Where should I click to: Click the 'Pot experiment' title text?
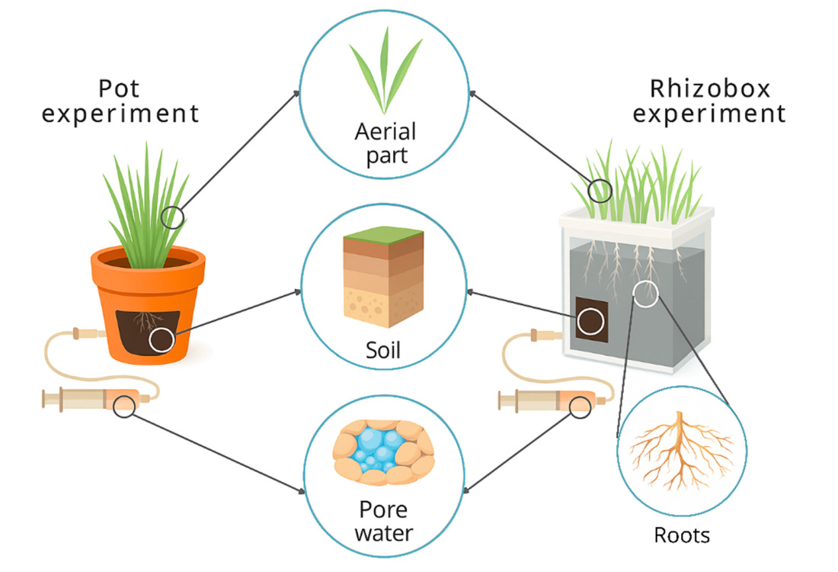120,101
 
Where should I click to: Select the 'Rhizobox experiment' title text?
709,101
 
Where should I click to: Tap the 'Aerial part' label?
385,143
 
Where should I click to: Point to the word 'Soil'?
382,350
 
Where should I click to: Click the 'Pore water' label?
384,521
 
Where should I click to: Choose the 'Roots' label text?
682,535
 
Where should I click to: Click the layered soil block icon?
383,277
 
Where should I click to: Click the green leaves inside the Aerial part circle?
385,69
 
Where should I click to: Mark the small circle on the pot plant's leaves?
172,217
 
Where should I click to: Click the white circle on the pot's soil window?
162,340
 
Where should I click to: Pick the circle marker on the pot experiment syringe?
124,407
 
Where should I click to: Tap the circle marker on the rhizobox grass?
600,191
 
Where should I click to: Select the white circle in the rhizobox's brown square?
590,322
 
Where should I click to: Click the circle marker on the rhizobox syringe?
580,407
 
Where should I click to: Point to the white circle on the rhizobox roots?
645,294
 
